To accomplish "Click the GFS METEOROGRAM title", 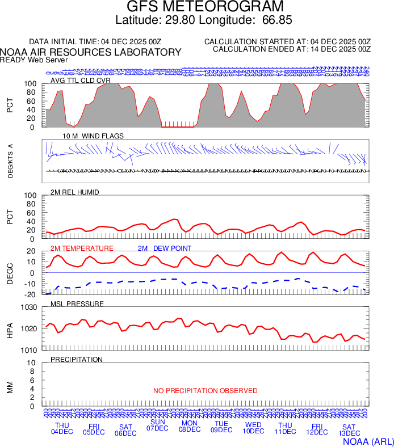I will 204,7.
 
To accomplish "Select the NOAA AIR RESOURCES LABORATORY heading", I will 91,52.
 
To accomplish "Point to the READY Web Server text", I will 33,60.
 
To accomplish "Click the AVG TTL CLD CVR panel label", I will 80,80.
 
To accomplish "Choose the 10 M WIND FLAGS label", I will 93,136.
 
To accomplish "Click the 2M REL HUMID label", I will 75,192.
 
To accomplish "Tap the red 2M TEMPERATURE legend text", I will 82,248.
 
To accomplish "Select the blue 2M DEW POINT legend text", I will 165,248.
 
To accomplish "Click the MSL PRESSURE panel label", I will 77,304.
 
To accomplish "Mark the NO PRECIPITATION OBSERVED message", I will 205,391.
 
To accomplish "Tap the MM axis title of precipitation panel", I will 10,387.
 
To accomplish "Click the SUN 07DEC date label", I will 157,425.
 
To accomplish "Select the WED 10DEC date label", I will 253,428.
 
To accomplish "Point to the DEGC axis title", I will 10,272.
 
